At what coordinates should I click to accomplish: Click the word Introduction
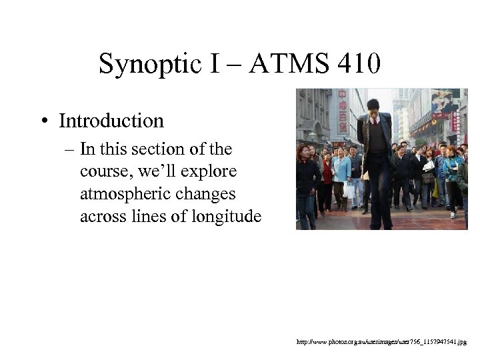[111, 121]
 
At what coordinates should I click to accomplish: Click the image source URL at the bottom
[382, 341]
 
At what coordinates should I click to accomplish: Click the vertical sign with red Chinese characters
[342, 110]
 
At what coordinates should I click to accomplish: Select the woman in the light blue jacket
[342, 170]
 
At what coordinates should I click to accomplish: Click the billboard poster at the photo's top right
[445, 100]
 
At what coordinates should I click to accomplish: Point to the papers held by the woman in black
[429, 164]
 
